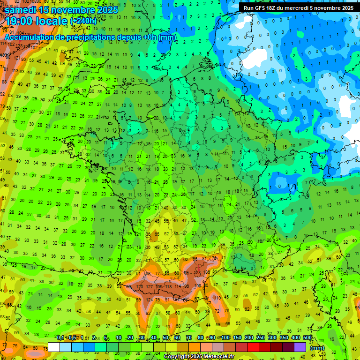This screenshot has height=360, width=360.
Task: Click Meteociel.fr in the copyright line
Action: [x=213, y=357]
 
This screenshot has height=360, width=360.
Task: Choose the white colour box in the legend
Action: [x=54, y=347]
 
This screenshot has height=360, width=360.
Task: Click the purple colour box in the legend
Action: [x=300, y=347]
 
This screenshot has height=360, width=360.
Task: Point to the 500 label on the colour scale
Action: [x=307, y=338]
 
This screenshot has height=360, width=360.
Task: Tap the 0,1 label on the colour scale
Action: [x=60, y=338]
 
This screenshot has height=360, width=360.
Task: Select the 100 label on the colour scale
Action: [x=225, y=338]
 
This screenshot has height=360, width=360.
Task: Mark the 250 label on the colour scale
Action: [x=261, y=338]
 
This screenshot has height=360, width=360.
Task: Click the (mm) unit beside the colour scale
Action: [x=317, y=348]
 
